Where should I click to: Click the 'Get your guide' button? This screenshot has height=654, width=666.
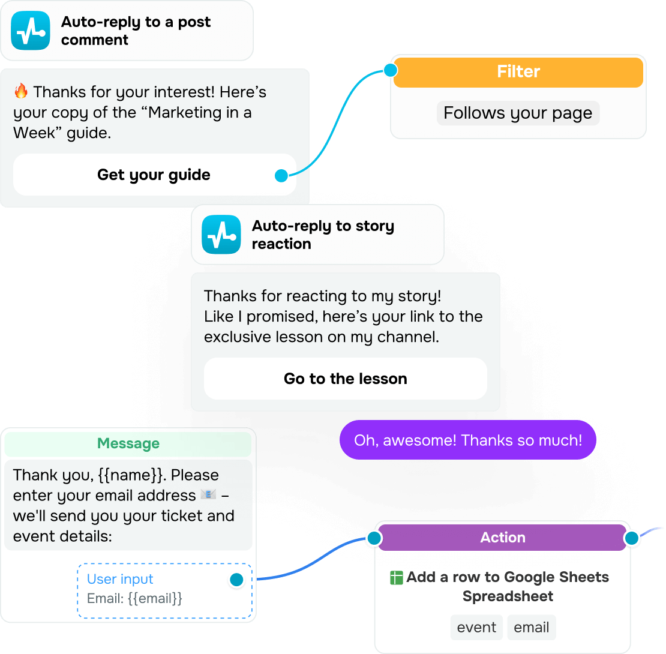154,175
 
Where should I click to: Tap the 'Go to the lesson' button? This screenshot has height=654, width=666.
345,379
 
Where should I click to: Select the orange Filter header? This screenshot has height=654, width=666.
518,72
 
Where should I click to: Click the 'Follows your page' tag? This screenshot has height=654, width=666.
518,113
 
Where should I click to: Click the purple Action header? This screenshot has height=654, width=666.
502,538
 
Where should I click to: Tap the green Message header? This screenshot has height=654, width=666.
128,444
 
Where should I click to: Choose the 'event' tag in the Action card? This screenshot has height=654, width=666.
476,628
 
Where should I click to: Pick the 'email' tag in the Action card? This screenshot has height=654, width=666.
532,628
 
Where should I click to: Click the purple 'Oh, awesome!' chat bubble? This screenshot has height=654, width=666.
468,440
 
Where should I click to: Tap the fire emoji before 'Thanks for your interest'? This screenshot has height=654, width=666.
21,92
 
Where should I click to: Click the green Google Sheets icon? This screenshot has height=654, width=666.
396,578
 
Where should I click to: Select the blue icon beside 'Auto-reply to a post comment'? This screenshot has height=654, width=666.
31,31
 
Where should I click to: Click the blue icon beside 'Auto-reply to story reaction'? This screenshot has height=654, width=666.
221,235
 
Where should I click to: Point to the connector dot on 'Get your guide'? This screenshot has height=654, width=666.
281,176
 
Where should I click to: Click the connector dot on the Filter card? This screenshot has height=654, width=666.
391,71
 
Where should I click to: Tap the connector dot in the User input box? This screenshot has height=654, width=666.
236,580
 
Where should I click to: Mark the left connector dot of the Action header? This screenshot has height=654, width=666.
374,538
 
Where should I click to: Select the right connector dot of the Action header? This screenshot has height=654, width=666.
631,538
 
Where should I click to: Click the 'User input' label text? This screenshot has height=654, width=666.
120,579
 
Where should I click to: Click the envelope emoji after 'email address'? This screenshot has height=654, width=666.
208,495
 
